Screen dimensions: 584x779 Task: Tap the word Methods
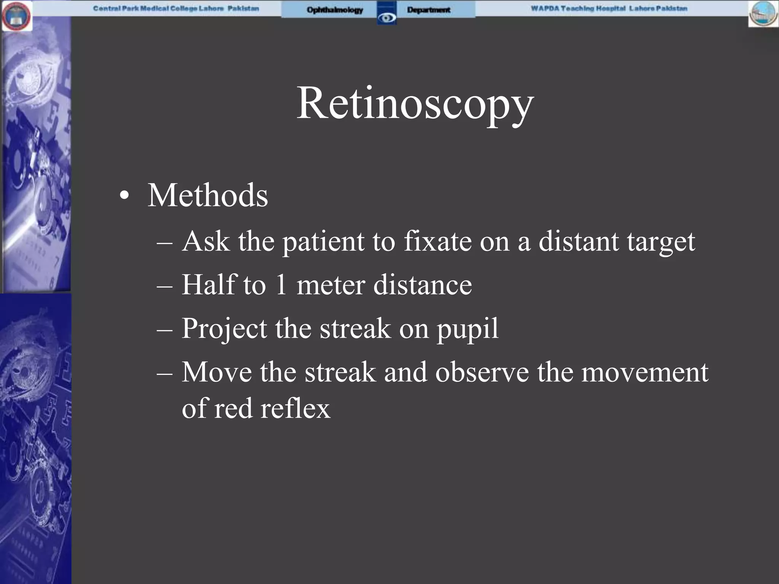(208, 195)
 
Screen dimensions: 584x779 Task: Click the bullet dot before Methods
(124, 196)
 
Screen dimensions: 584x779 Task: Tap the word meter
(331, 285)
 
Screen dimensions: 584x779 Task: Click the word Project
(224, 328)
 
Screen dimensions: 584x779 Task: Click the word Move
(216, 372)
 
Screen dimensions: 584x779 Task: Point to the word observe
(482, 372)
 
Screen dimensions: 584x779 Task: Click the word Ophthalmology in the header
(335, 10)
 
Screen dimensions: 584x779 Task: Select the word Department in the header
(429, 10)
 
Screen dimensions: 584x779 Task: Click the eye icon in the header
(387, 18)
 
